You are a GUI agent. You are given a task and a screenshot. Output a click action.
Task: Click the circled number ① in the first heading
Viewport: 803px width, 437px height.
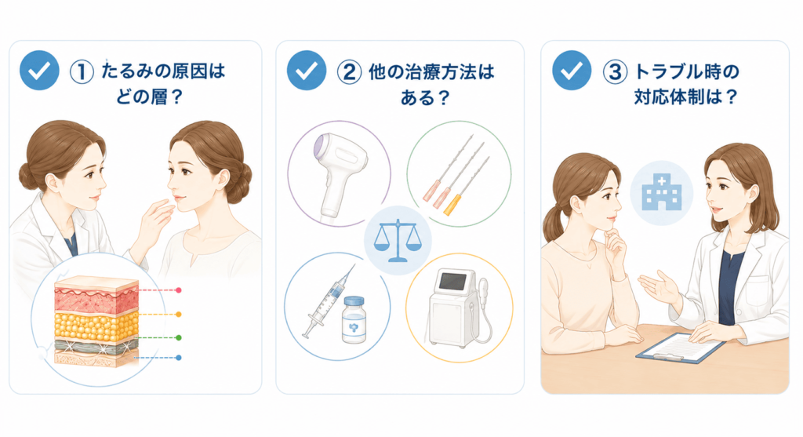[x=82, y=71]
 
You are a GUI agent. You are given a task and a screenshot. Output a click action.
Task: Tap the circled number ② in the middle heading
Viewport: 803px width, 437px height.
[x=349, y=71]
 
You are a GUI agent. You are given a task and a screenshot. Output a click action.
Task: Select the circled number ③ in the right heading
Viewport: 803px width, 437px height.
[x=615, y=71]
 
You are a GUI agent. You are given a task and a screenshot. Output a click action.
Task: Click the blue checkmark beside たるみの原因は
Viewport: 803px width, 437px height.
[x=39, y=70]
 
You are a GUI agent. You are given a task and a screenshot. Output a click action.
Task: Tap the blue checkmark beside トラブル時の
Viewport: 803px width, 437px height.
[x=572, y=70]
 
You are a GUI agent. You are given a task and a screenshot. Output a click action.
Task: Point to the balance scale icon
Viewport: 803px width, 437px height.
[x=398, y=241]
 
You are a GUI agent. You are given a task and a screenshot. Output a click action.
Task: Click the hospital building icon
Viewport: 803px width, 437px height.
[x=662, y=192]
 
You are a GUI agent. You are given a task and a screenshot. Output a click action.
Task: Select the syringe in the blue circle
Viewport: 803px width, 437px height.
[x=328, y=301]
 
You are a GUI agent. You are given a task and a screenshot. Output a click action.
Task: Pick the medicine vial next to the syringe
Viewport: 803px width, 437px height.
[x=354, y=319]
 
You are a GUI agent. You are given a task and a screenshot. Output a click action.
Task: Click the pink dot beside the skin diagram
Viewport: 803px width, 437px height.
[x=178, y=290]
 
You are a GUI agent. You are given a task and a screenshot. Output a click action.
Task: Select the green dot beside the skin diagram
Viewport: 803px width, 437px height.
[x=178, y=338]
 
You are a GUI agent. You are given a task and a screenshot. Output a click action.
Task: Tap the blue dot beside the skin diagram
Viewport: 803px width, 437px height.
[x=178, y=358]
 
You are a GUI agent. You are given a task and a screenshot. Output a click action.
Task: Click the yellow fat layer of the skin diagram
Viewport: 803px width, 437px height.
[x=96, y=325]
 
